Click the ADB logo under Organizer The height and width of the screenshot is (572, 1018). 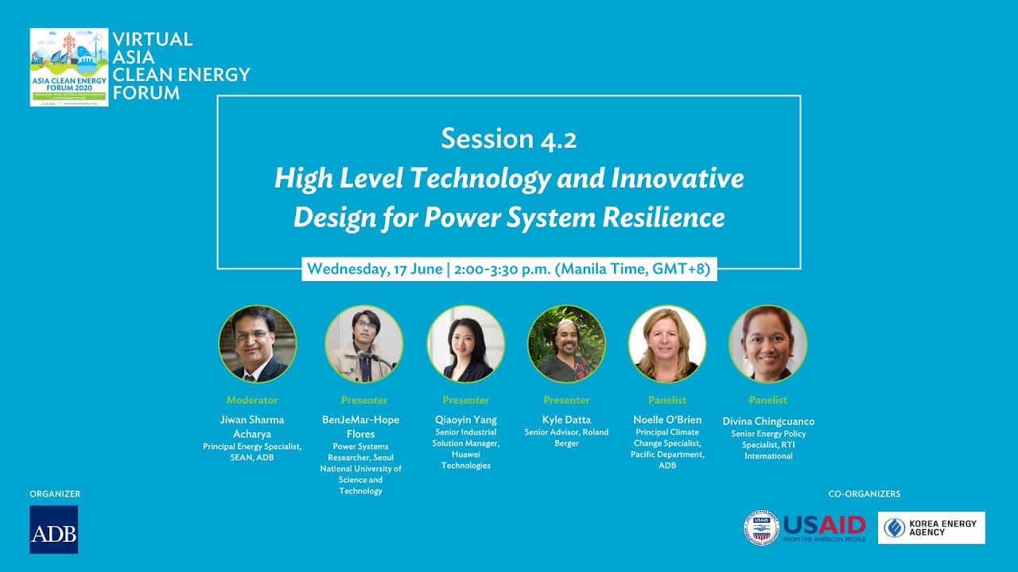(x=53, y=529)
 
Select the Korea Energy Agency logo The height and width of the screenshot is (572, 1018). (x=931, y=528)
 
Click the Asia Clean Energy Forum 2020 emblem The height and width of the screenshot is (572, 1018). (x=68, y=68)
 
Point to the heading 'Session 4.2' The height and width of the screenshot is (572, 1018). (x=509, y=139)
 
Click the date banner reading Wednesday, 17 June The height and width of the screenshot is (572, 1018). (x=509, y=269)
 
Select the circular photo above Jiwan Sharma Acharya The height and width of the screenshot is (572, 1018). (x=257, y=344)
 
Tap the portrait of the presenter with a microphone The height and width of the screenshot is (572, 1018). (x=364, y=344)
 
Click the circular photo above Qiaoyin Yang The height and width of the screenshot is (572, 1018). (x=465, y=344)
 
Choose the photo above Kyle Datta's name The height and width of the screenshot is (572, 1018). (x=566, y=344)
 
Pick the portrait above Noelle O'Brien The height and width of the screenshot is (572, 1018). (x=667, y=344)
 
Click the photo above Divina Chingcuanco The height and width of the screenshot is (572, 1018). (x=768, y=344)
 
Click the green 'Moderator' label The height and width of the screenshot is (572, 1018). (x=252, y=400)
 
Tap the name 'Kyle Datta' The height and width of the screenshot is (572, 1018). (x=566, y=420)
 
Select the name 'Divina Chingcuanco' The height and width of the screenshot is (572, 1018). (x=768, y=421)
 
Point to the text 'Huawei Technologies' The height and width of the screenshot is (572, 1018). (x=466, y=460)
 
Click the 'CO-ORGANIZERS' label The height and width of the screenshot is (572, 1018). (x=865, y=494)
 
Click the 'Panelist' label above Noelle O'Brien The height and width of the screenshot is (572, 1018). (x=667, y=400)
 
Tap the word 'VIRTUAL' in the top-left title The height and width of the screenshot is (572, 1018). (x=153, y=40)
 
